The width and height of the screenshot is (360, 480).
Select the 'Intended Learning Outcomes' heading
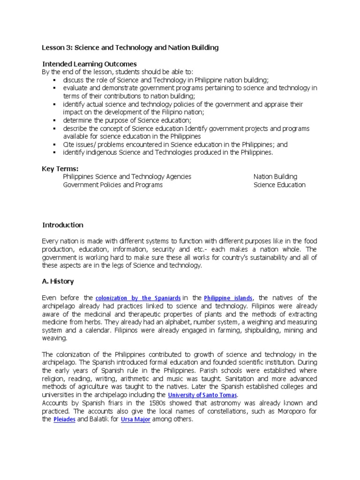[90, 64]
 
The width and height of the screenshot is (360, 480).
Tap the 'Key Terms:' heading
[60, 169]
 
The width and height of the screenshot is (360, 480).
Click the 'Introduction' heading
[63, 225]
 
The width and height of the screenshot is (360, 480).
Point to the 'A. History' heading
[58, 281]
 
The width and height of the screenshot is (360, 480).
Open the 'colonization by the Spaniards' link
[138, 298]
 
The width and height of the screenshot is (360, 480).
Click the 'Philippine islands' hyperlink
[228, 298]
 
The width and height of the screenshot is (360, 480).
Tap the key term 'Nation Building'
[275, 177]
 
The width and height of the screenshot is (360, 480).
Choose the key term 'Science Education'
[279, 185]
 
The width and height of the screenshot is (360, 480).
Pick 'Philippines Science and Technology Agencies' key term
[127, 177]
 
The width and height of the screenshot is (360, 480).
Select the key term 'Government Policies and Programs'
[113, 185]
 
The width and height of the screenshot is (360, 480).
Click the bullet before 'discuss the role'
[55, 80]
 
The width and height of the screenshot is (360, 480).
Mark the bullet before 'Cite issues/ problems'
[55, 145]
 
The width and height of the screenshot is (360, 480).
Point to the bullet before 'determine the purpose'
[55, 120]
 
